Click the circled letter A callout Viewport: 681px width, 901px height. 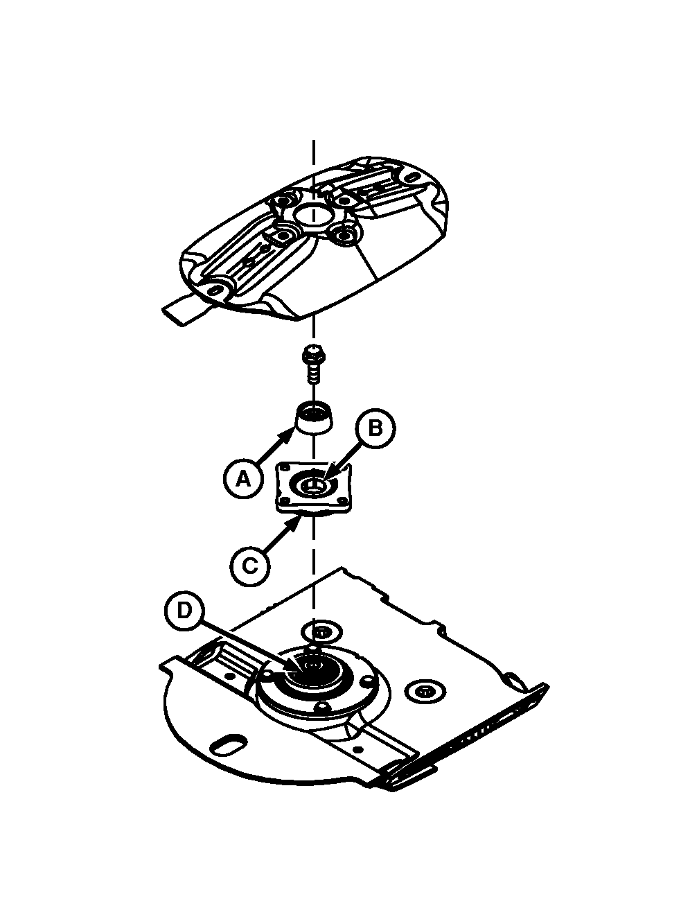tap(243, 478)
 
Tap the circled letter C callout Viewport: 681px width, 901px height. tap(250, 566)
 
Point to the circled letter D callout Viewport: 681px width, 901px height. tap(184, 622)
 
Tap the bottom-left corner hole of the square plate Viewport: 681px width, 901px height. tap(284, 500)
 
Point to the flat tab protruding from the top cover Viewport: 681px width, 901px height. tap(184, 308)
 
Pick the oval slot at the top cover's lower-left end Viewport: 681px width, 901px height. tap(215, 290)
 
